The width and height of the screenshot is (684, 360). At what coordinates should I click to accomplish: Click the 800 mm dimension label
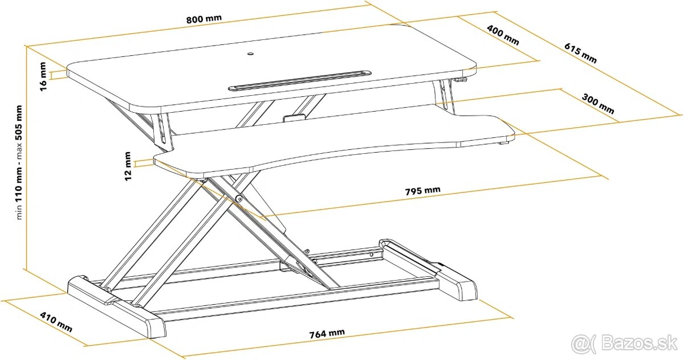click(203, 18)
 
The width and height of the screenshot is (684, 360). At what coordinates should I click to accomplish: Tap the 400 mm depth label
click(503, 35)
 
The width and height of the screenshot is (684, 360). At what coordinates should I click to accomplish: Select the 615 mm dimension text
click(581, 52)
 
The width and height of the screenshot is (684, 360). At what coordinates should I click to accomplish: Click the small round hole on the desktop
click(251, 55)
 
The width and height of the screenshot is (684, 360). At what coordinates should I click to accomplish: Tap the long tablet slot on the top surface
click(299, 80)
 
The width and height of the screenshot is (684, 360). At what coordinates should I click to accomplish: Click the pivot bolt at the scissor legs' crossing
click(239, 198)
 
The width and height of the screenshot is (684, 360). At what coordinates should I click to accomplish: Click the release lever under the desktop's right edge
click(462, 80)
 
